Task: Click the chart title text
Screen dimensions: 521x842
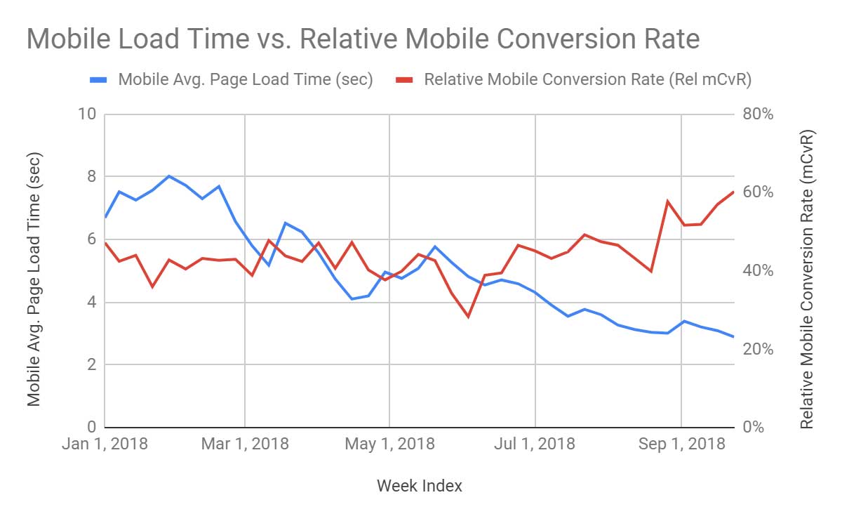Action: coord(363,39)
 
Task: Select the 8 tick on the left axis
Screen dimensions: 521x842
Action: coord(91,177)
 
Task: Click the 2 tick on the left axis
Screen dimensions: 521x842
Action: coord(91,365)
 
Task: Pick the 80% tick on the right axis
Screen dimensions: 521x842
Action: coord(758,114)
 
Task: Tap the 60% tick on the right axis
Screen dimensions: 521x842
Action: coord(758,192)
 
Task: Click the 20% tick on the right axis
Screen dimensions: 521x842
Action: coord(758,350)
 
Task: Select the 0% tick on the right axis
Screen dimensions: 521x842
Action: coord(754,428)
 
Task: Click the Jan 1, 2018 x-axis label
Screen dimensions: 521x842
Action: coord(105,444)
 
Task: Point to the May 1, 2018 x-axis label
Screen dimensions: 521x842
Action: coord(390,444)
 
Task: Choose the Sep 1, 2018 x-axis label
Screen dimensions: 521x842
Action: coord(681,444)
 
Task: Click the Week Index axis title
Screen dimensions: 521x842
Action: coord(419,486)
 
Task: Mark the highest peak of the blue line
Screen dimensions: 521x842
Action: coord(169,176)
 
